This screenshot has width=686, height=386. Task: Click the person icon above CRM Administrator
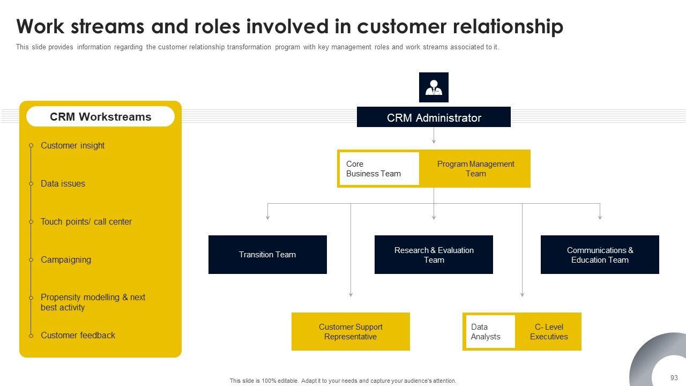[434, 87]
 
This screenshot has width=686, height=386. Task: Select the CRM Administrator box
[434, 117]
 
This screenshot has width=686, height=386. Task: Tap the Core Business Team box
[379, 168]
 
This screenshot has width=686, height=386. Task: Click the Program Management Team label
[475, 169]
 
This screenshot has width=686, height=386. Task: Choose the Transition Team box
[267, 255]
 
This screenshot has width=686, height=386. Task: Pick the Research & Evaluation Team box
[434, 255]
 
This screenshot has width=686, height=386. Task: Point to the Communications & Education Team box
[600, 255]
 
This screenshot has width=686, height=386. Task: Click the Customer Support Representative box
[351, 331]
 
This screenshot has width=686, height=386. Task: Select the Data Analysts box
[490, 331]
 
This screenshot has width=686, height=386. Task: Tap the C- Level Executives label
[549, 332]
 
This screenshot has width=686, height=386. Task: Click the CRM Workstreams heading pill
[100, 116]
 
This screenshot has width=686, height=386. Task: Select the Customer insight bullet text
[72, 145]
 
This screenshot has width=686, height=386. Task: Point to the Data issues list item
[63, 183]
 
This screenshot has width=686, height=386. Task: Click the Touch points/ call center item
[86, 221]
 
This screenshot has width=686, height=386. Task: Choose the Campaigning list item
[66, 260]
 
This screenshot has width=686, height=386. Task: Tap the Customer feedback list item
[78, 336]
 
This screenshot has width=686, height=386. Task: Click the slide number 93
[674, 378]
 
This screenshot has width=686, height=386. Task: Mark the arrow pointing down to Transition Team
[267, 212]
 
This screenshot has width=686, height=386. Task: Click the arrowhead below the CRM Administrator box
[434, 142]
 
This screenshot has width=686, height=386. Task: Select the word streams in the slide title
[107, 26]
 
